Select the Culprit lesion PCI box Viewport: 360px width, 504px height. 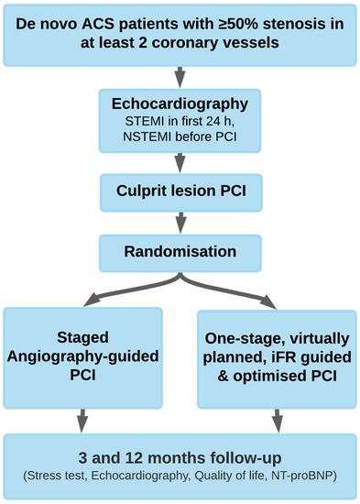click(180, 192)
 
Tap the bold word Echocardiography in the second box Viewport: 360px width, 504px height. click(180, 103)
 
